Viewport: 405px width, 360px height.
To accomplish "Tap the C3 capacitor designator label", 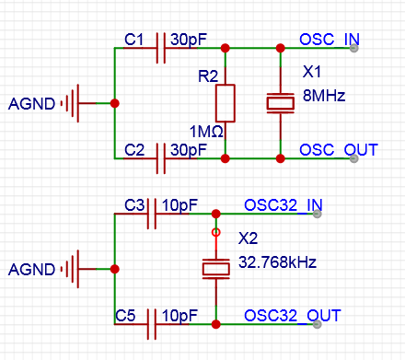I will coord(135,204).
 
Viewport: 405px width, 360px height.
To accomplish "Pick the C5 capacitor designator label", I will coord(127,316).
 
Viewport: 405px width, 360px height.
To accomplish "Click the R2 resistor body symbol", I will coord(226,102).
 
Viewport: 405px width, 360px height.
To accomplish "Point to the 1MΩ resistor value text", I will coord(204,132).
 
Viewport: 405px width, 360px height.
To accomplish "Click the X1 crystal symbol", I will coord(280,102).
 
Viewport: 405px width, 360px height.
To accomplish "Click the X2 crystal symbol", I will coord(215,268).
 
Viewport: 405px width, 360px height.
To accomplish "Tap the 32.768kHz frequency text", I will coord(277,261).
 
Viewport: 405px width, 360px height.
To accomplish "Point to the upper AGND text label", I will coord(31,102).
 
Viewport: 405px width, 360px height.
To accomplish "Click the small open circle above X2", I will coord(216,233).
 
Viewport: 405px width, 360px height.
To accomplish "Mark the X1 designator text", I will coord(314,72).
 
